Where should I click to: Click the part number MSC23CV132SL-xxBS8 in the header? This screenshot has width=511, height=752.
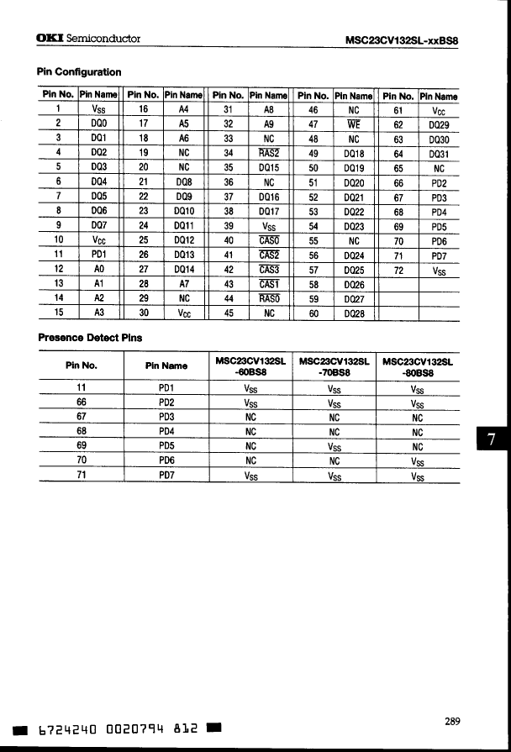point(407,39)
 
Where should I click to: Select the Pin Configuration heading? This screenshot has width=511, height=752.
point(79,72)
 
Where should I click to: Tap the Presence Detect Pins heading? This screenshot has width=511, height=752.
point(90,338)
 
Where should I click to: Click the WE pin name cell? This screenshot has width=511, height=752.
point(353,123)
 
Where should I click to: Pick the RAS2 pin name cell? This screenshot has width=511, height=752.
point(269,153)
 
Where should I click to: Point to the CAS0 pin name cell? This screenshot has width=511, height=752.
point(269,241)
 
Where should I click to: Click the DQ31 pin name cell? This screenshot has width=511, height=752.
point(438,153)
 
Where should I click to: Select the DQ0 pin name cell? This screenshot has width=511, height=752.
point(98,123)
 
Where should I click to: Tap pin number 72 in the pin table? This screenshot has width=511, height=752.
point(398,271)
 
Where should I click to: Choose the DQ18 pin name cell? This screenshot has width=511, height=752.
point(353,153)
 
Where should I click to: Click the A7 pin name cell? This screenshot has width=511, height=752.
point(184,285)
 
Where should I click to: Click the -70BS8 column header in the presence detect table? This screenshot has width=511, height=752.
point(335,367)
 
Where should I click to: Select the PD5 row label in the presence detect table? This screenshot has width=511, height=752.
point(166,446)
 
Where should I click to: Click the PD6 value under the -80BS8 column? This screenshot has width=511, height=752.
point(418,461)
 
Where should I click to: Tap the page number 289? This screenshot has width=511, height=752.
point(453,720)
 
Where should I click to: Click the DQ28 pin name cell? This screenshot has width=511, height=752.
point(353,314)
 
